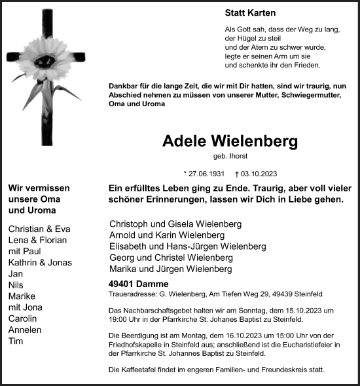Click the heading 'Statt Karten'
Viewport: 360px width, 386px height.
(x=250, y=13)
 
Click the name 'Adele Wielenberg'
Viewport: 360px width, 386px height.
(x=229, y=142)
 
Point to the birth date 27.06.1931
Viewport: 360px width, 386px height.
(x=205, y=174)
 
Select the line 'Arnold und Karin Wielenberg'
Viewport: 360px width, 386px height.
(x=167, y=235)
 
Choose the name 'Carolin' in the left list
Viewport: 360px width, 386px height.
(x=23, y=318)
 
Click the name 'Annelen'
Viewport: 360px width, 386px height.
(x=24, y=330)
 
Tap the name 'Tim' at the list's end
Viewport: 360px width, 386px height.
(x=16, y=341)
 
